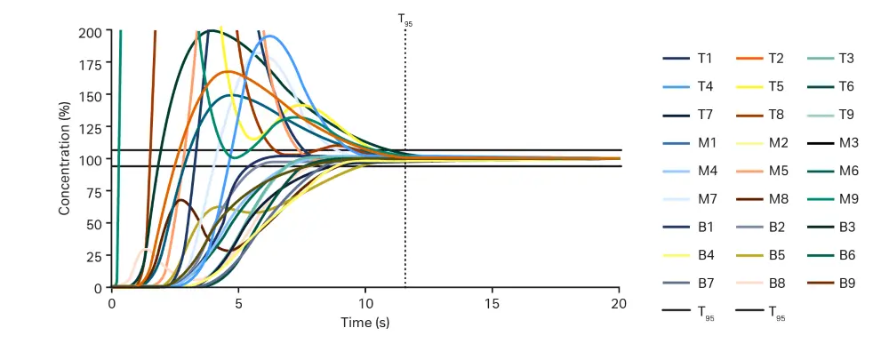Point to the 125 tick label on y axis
pos(92,127)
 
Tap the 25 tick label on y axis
pos(96,256)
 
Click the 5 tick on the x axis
pos(238,303)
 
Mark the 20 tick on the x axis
pos(620,303)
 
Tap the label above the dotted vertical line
pos(405,18)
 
